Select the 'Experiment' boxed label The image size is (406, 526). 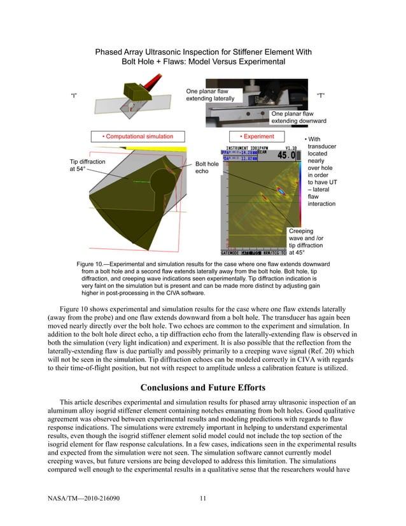[x=256, y=136]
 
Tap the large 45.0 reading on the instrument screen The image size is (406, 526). [x=286, y=155]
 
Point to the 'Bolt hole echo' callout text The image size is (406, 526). [x=207, y=168]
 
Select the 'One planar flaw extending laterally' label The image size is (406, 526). [x=210, y=95]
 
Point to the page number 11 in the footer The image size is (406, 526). [x=202, y=498]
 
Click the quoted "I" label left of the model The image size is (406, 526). [x=74, y=96]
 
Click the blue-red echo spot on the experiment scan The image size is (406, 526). [x=280, y=190]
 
